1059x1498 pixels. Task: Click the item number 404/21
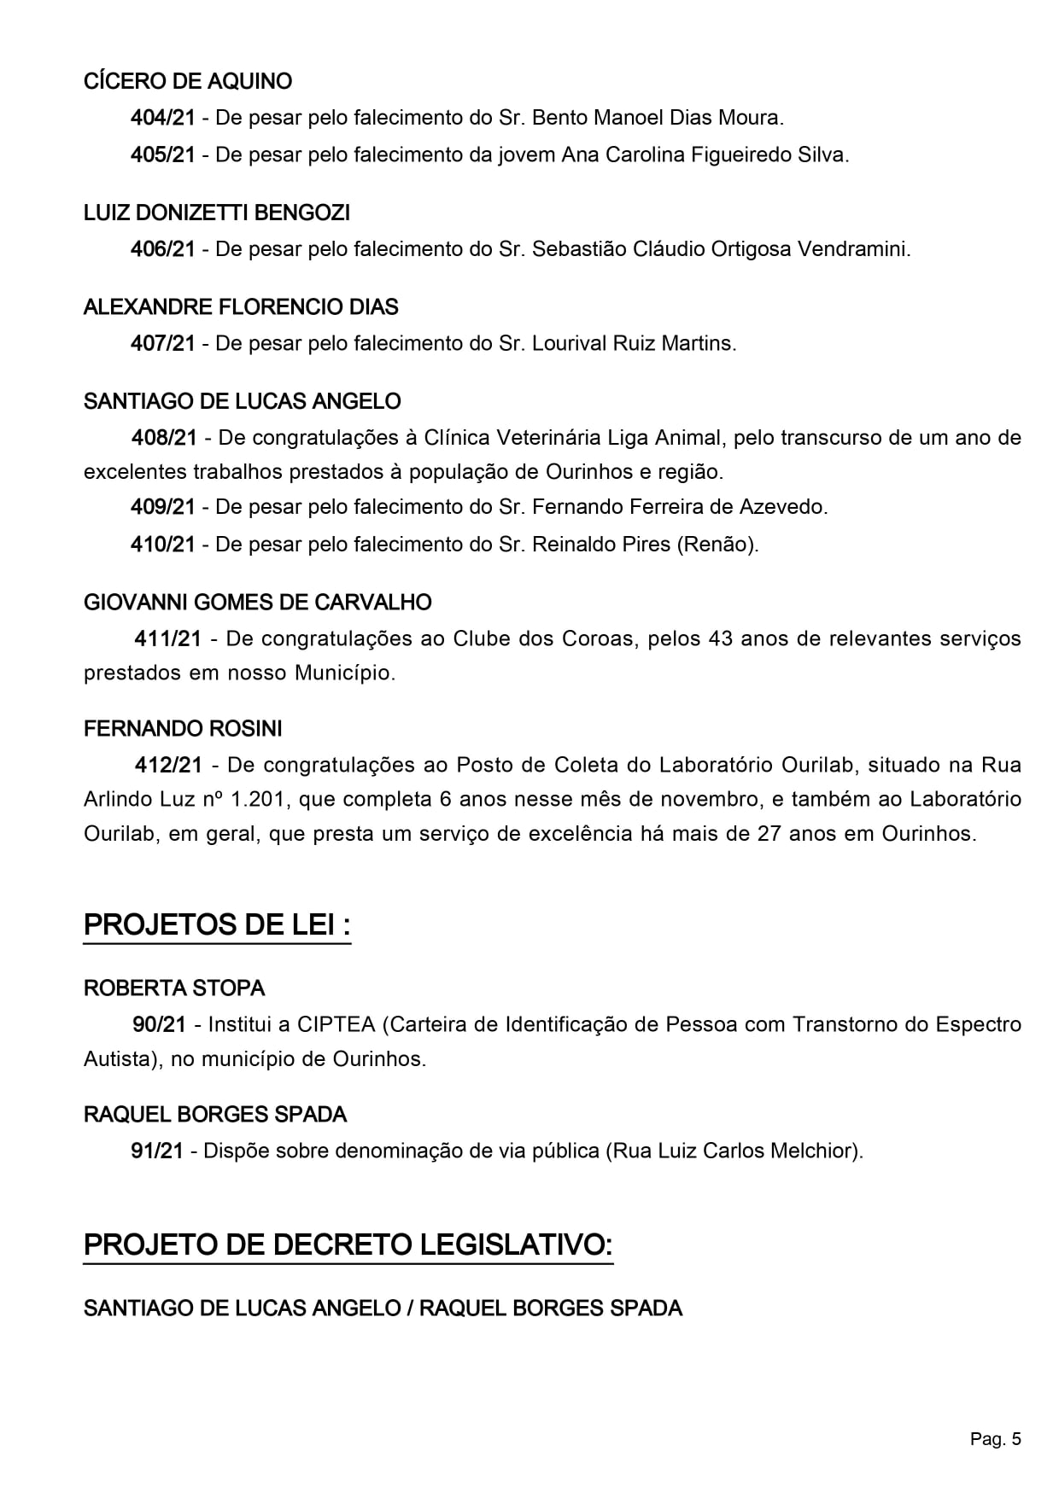(x=162, y=118)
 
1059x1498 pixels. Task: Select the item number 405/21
(x=162, y=155)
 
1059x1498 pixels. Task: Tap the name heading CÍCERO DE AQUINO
(x=188, y=82)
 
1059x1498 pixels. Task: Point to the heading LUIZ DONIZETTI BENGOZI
(x=217, y=213)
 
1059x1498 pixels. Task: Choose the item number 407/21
(x=162, y=343)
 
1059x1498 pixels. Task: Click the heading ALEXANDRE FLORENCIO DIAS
(x=241, y=306)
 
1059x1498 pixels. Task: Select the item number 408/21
(x=163, y=438)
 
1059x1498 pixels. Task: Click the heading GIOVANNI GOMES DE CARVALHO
(x=257, y=603)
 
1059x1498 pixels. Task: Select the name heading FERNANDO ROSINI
(x=183, y=729)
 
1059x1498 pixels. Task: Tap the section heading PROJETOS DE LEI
(x=217, y=925)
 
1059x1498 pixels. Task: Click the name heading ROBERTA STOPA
(x=174, y=988)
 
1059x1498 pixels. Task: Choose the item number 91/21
(x=157, y=1151)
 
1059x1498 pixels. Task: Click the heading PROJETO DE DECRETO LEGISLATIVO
(x=348, y=1245)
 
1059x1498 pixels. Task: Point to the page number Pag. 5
(x=995, y=1440)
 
